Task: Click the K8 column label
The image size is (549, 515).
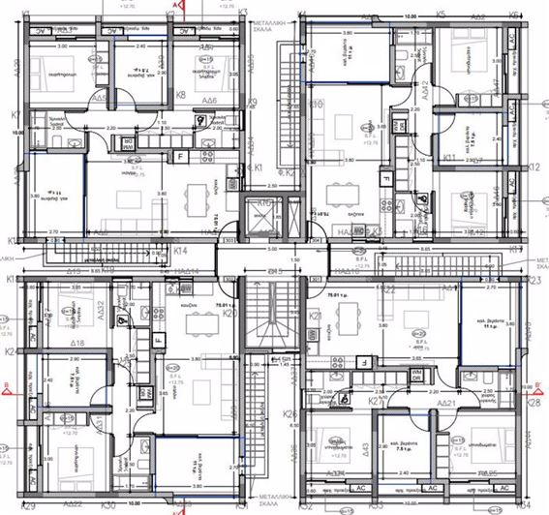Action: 181,96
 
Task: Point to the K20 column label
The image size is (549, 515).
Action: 230,314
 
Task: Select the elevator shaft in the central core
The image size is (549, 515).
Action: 259,216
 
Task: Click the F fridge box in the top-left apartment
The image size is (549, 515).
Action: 179,157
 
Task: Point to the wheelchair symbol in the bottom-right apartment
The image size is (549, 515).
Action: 346,396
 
